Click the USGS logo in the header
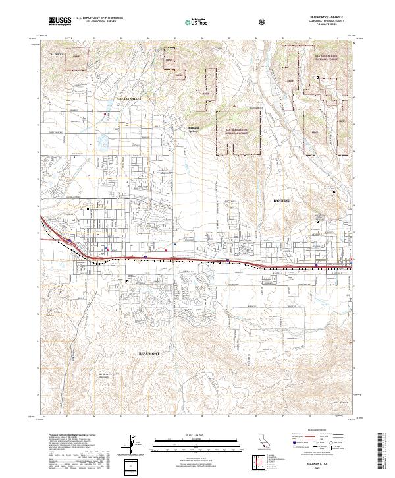pos(61,21)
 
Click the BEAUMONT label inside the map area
pos(150,353)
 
